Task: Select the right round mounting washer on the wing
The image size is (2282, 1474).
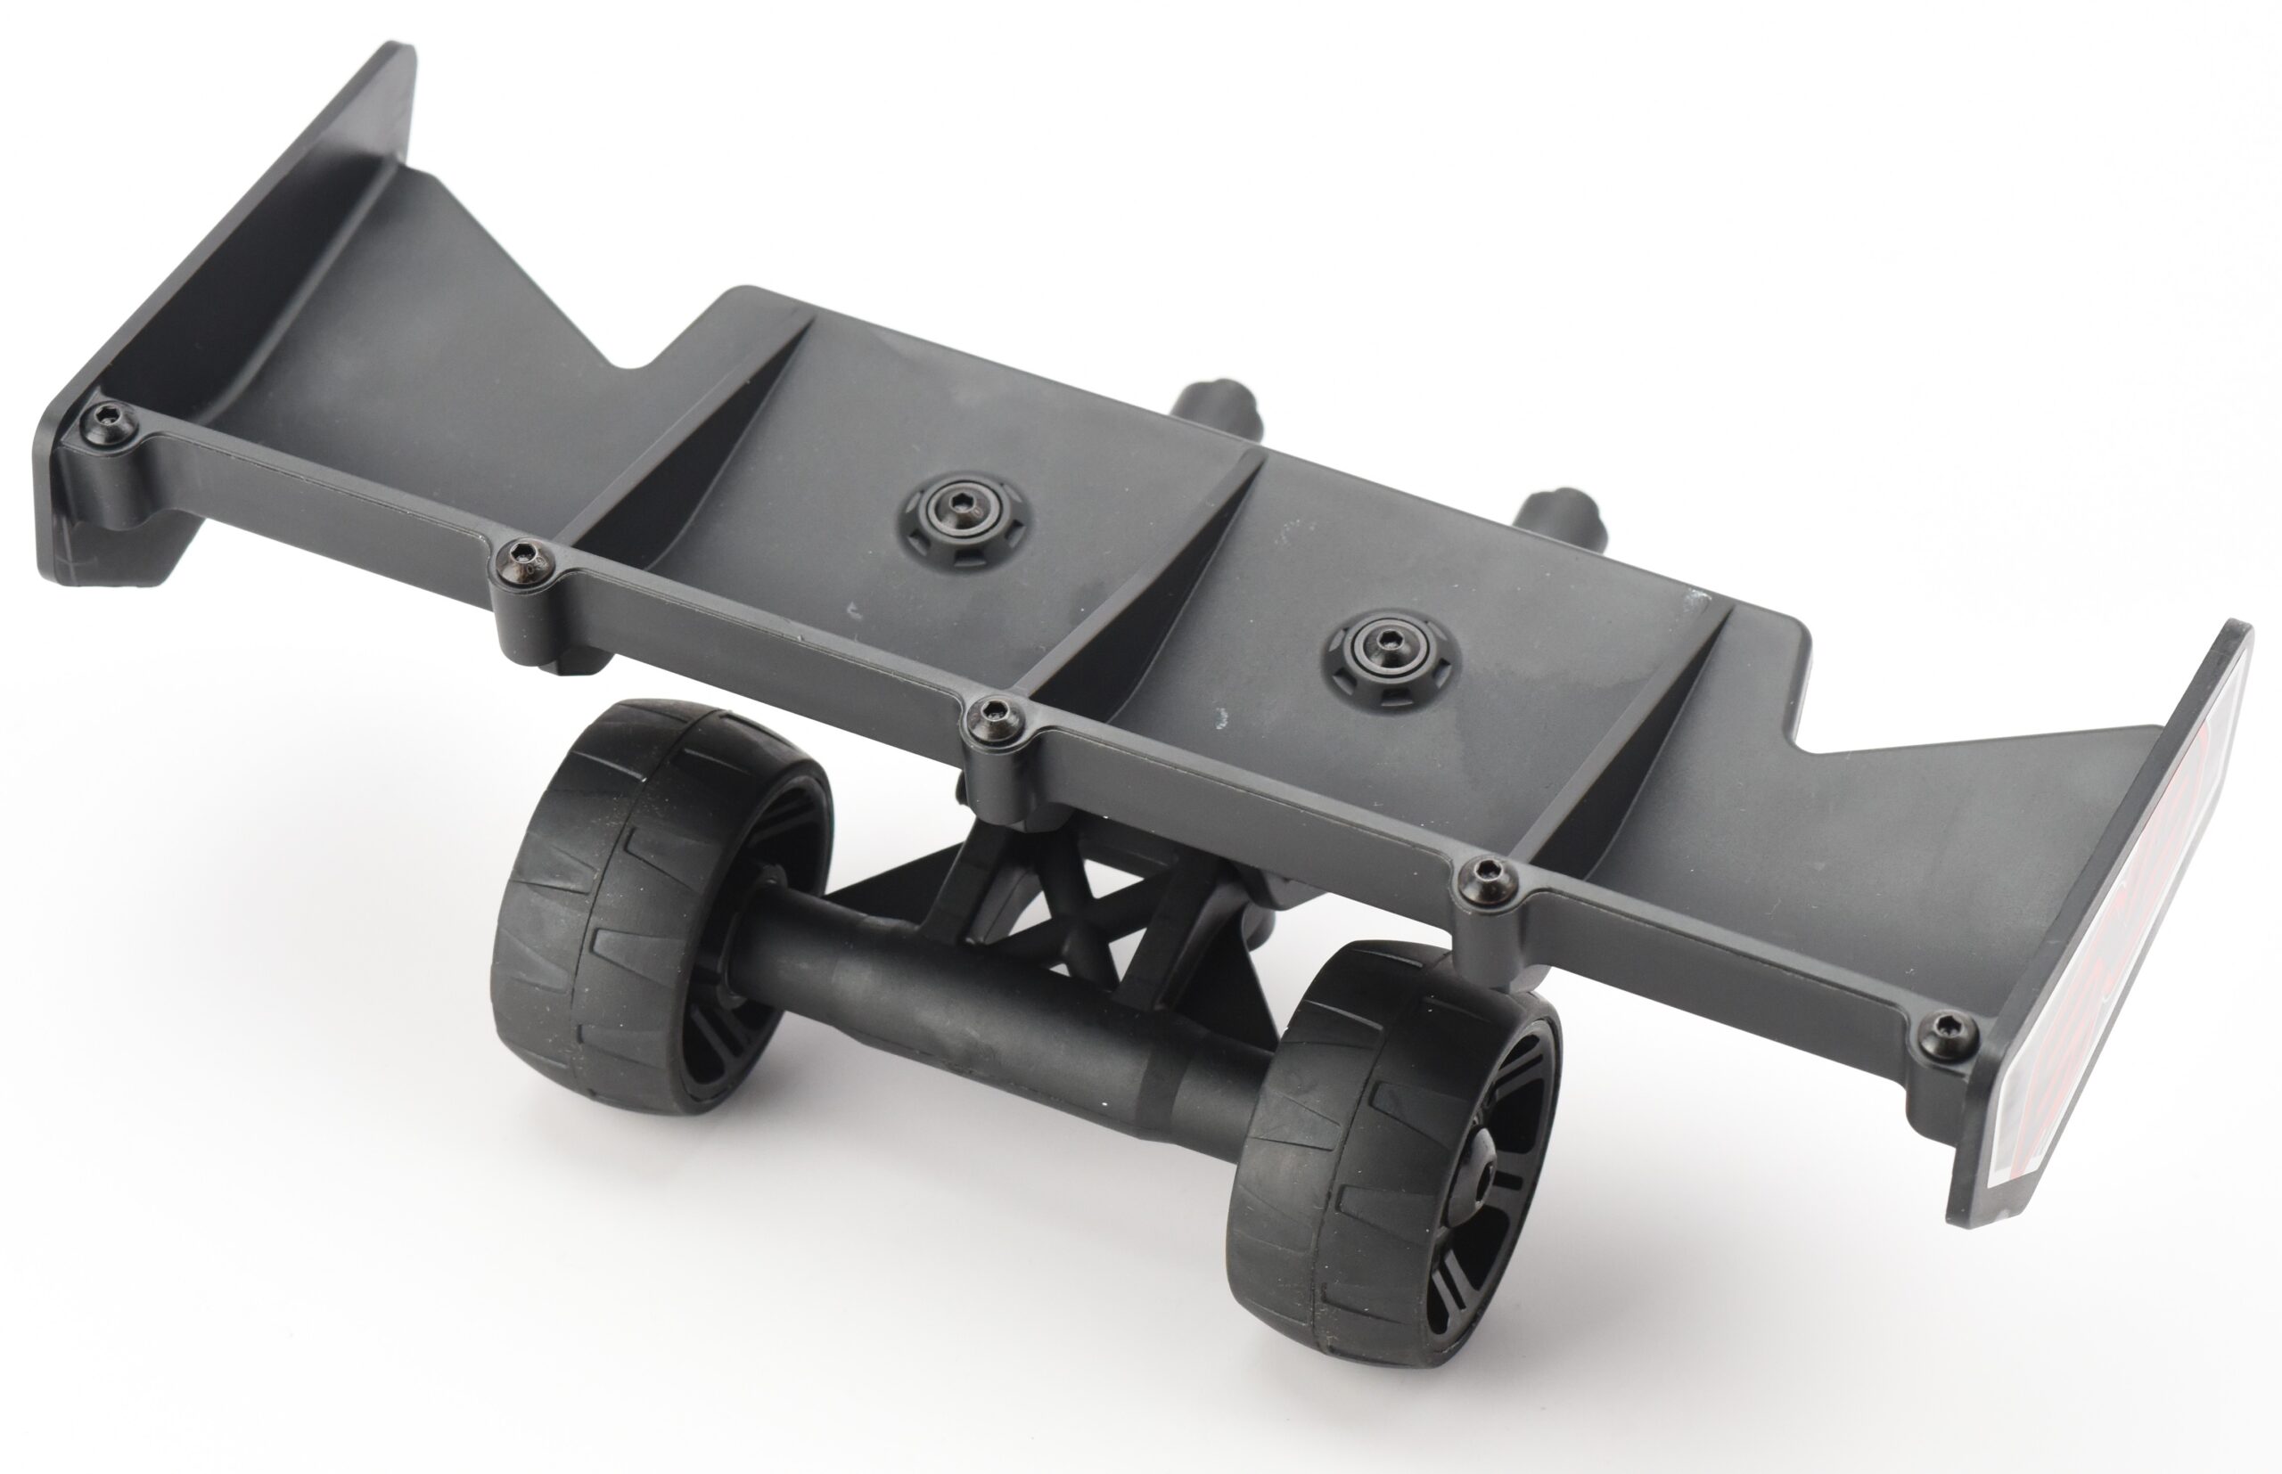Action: tap(1388, 659)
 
